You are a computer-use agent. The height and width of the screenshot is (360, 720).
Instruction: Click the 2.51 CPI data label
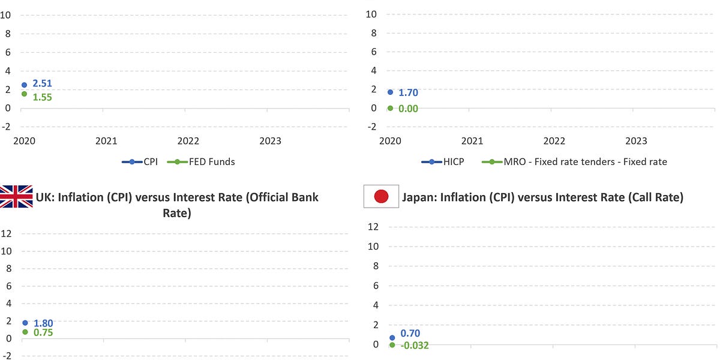point(42,83)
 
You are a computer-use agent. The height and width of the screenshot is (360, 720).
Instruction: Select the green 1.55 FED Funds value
point(42,97)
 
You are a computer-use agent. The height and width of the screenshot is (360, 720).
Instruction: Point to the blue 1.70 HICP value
point(408,92)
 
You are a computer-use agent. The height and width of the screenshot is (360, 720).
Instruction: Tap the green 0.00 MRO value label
point(408,109)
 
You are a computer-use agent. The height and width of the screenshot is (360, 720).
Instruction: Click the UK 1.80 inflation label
point(43,323)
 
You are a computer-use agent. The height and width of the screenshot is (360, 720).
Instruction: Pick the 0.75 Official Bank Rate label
point(43,332)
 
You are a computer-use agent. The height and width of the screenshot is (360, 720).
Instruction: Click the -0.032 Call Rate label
point(413,345)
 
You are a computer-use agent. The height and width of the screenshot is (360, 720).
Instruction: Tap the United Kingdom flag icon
point(16,197)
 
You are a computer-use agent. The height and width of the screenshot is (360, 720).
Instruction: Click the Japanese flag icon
point(381,197)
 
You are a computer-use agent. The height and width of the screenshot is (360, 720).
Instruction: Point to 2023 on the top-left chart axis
point(270,141)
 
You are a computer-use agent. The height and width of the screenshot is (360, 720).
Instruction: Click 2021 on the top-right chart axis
point(472,141)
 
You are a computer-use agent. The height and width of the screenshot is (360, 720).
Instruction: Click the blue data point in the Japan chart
point(392,338)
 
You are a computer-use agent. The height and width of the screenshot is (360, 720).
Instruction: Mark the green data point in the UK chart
point(25,332)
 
